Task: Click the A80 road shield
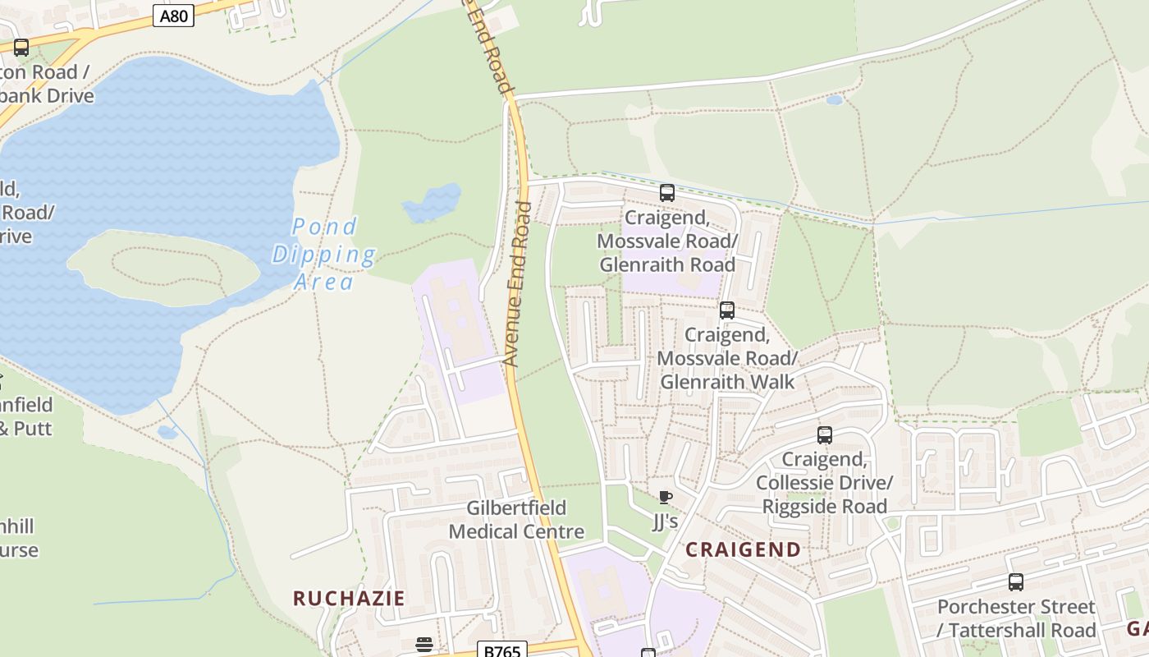pyautogui.click(x=173, y=16)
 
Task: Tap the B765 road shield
pyautogui.click(x=501, y=650)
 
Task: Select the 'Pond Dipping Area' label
pyautogui.click(x=324, y=254)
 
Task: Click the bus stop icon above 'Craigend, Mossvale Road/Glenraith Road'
pyautogui.click(x=667, y=193)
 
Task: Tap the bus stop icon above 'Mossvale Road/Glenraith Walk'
pyautogui.click(x=726, y=310)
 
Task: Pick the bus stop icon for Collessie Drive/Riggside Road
pyautogui.click(x=825, y=435)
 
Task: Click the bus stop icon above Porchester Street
pyautogui.click(x=1016, y=582)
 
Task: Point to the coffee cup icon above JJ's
pyautogui.click(x=666, y=498)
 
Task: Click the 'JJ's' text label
pyautogui.click(x=666, y=521)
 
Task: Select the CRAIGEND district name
pyautogui.click(x=743, y=549)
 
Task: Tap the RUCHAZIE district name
pyautogui.click(x=349, y=598)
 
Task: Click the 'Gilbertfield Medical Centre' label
pyautogui.click(x=516, y=520)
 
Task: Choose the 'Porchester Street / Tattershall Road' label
pyautogui.click(x=1016, y=618)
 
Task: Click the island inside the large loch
pyautogui.click(x=164, y=264)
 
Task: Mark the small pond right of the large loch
pyautogui.click(x=432, y=203)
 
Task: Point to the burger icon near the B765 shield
pyautogui.click(x=423, y=644)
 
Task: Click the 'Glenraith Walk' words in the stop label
pyautogui.click(x=727, y=382)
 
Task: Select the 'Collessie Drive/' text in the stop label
pyautogui.click(x=824, y=482)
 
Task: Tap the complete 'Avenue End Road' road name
pyautogui.click(x=517, y=283)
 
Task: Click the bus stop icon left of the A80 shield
pyautogui.click(x=21, y=48)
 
